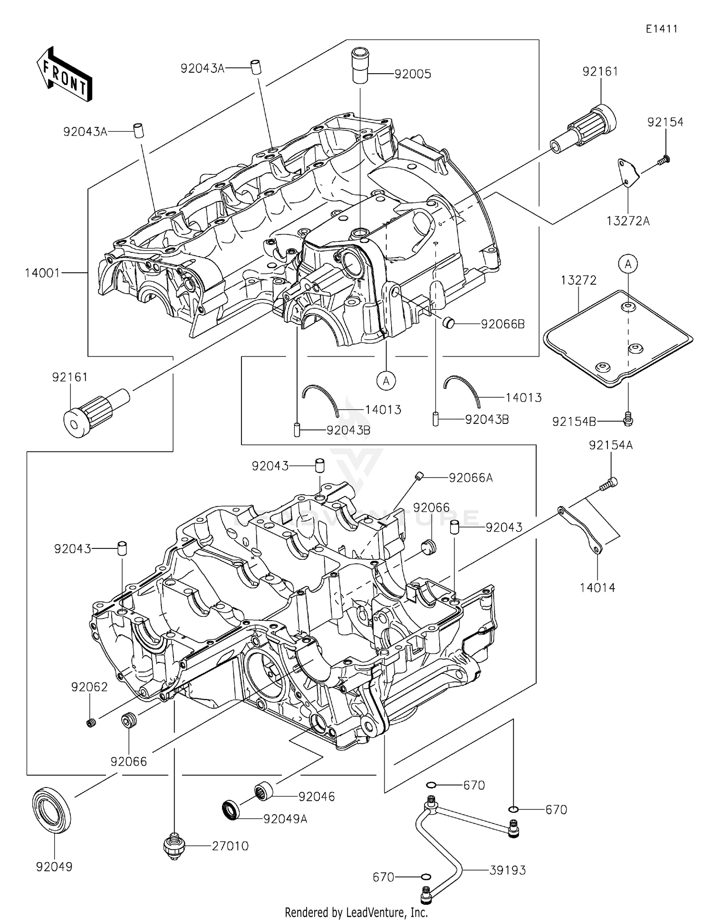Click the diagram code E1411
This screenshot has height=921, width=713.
[x=661, y=29]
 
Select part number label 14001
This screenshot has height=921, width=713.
[x=42, y=273]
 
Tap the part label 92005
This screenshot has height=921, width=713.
[x=413, y=74]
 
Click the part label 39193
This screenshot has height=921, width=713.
[x=508, y=870]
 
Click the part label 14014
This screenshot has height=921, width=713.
[x=597, y=588]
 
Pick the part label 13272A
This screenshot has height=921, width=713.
[x=628, y=221]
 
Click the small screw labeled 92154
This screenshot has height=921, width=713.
[x=664, y=160]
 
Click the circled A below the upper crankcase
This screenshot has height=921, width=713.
[x=386, y=380]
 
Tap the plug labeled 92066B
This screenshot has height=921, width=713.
[x=449, y=324]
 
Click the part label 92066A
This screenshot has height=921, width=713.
[x=471, y=478]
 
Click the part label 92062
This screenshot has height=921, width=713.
[x=89, y=687]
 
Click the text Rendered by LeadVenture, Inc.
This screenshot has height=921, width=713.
[x=356, y=912]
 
